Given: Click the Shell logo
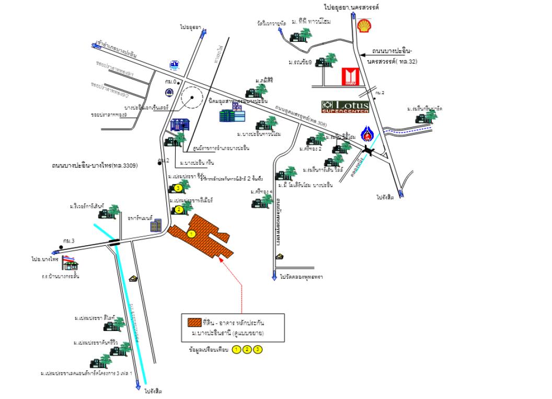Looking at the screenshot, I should click(364, 25).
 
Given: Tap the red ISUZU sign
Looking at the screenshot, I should click(349, 77).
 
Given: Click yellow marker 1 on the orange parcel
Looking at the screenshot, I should click(191, 233).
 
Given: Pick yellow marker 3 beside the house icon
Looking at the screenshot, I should click(178, 188).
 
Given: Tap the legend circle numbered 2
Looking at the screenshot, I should click(247, 349).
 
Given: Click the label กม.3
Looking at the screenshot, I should click(68, 241).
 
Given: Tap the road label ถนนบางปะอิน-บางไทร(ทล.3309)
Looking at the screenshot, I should click(95, 165).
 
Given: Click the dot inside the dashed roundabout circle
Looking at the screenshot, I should click(192, 98).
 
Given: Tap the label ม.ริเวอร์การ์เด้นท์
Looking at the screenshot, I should click(90, 207).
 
